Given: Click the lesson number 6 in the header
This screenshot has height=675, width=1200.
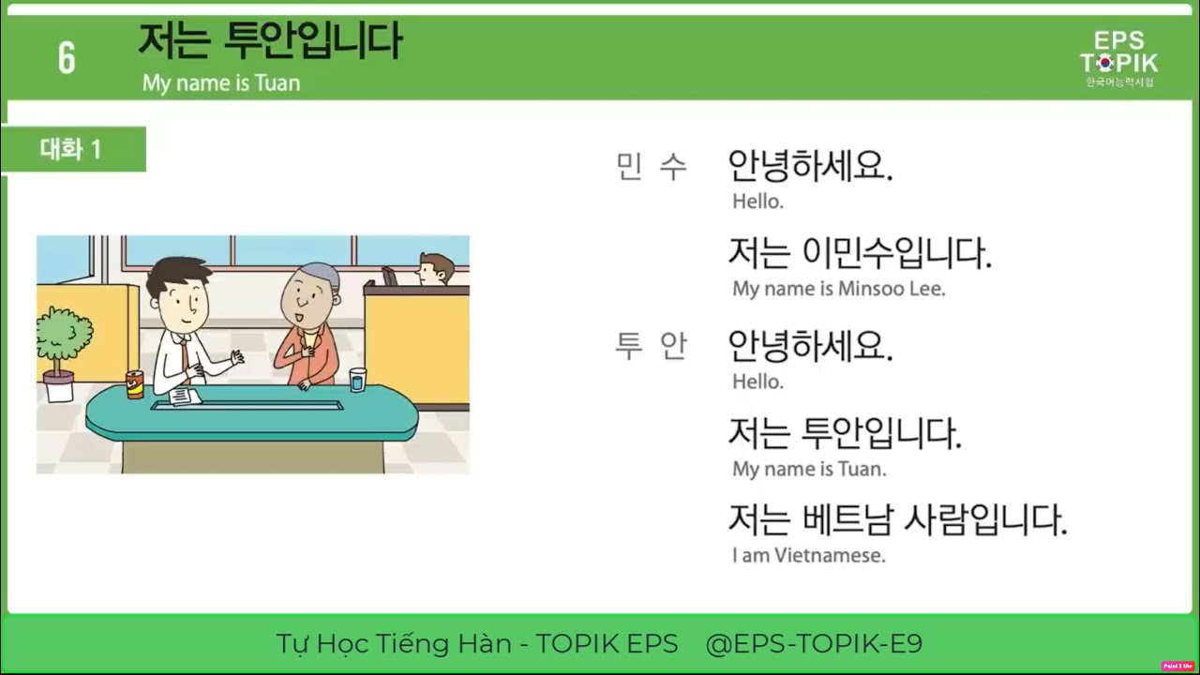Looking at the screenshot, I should [x=67, y=58].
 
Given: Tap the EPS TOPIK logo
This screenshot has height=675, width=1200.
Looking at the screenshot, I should [x=1118, y=57].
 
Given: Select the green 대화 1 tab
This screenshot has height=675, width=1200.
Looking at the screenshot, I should [x=71, y=149].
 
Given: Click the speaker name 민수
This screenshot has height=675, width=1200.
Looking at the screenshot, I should [x=652, y=168].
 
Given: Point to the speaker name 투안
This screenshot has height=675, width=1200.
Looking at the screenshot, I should [x=652, y=347].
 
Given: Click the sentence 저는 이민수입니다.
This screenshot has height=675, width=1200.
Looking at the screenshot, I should [x=859, y=253].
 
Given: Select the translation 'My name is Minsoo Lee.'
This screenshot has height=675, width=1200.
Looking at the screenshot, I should [x=838, y=289].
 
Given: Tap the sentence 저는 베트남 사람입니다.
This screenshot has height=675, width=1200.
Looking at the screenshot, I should [x=897, y=520].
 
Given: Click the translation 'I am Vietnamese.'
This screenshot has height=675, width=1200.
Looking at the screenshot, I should [x=808, y=555].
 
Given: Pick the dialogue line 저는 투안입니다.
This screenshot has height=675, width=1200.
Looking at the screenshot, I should [x=845, y=434].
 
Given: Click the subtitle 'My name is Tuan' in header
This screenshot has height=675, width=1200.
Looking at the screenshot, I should [x=221, y=82].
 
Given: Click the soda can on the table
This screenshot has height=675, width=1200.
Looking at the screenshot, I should [x=135, y=384].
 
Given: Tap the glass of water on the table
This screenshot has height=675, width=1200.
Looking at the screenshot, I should [x=357, y=380].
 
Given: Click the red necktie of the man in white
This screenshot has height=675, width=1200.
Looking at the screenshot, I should [x=185, y=354].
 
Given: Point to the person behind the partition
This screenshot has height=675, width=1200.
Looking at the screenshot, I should [x=433, y=270].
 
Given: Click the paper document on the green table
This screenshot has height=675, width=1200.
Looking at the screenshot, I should [x=185, y=397].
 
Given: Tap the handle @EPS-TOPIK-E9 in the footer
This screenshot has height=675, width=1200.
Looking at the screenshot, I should [x=814, y=644].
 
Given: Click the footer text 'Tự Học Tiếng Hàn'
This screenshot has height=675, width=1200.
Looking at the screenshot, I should [x=394, y=644].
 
